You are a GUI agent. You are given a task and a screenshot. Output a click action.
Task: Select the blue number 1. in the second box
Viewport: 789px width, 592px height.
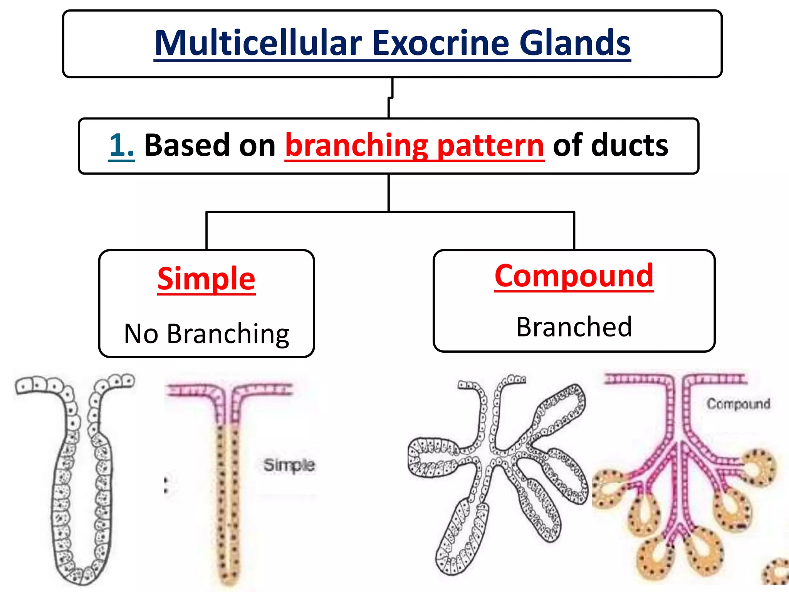tap(121, 146)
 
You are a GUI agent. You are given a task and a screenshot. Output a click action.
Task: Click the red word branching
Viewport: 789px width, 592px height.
tap(356, 146)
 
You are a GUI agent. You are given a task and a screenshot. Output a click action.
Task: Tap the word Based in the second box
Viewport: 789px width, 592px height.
tap(187, 146)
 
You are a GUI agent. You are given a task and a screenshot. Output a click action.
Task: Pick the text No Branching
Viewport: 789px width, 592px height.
tap(206, 334)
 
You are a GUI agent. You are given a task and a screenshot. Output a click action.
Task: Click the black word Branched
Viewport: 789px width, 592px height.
tap(574, 327)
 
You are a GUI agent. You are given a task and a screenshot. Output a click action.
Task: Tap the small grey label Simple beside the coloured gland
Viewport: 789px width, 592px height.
tap(289, 465)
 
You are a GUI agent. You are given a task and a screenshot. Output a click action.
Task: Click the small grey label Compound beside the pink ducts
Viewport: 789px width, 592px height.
tap(738, 404)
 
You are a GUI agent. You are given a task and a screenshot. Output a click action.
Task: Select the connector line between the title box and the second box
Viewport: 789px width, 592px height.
tap(390, 98)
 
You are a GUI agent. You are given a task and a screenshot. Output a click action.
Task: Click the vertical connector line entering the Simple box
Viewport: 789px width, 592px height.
tap(206, 231)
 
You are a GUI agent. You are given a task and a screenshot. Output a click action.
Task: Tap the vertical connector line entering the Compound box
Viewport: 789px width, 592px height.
tap(574, 231)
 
